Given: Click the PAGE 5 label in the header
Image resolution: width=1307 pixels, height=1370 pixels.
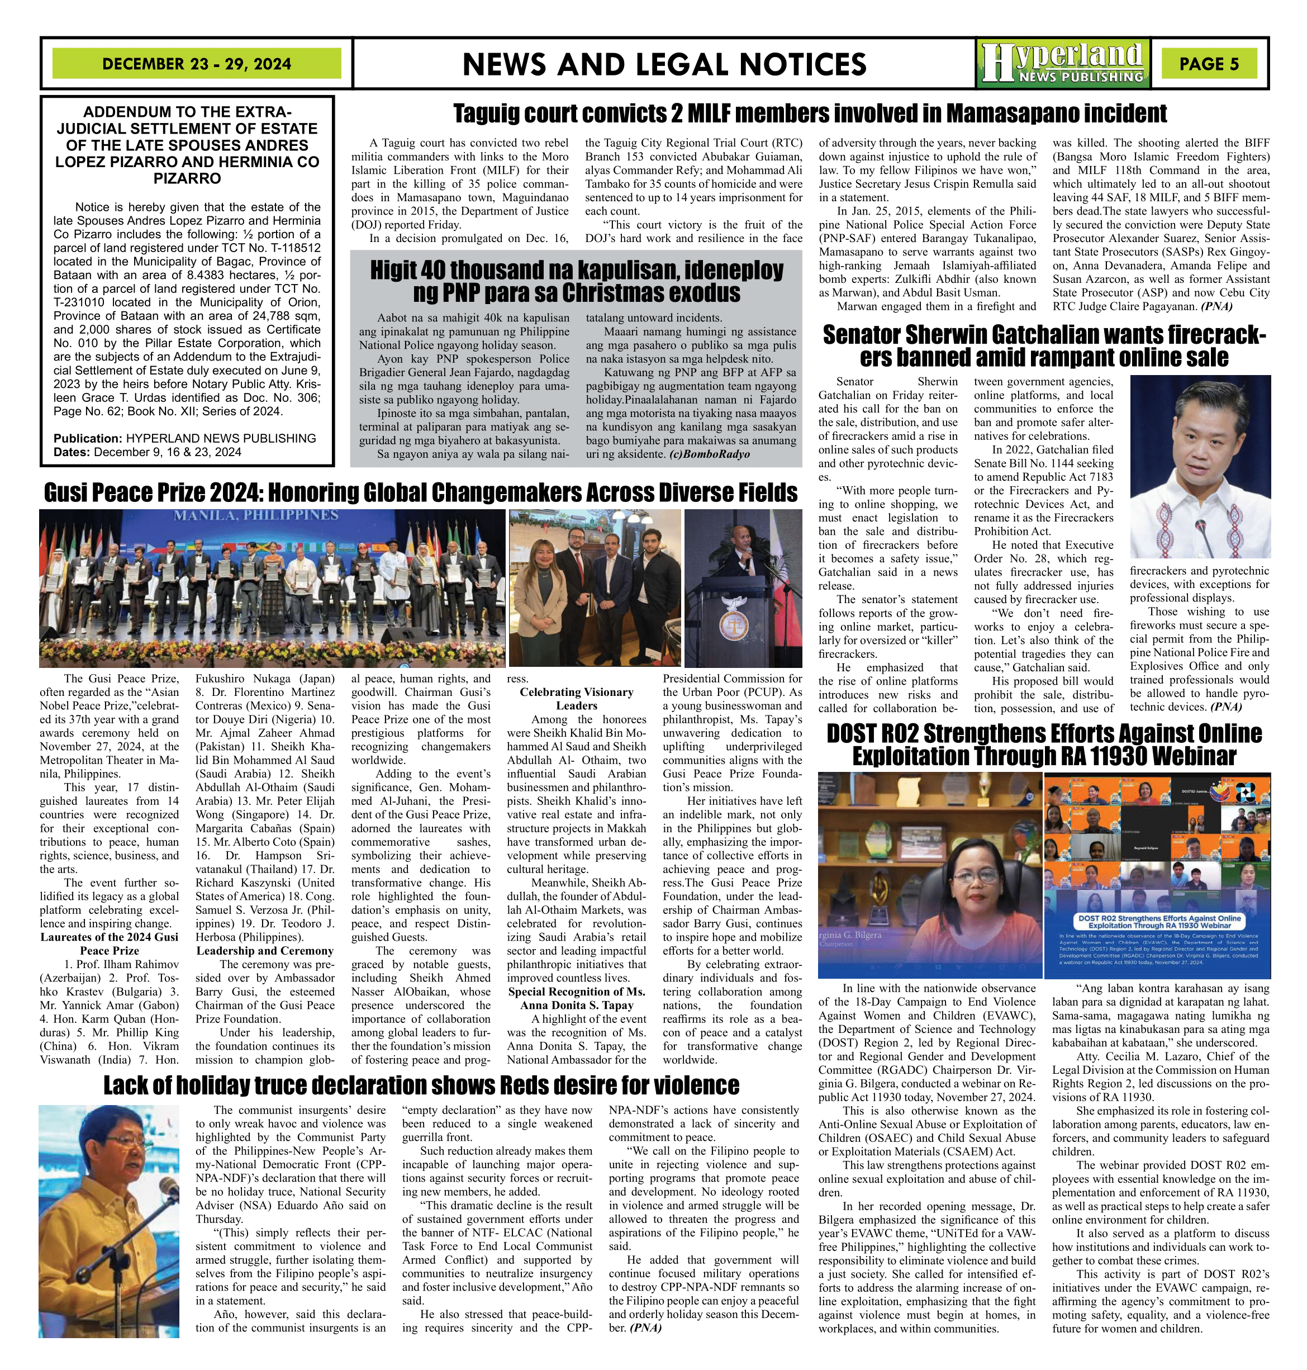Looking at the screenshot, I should pyautogui.click(x=1209, y=63).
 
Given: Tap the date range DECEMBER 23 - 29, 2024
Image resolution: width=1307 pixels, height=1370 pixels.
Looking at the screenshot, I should pyautogui.click(x=197, y=63).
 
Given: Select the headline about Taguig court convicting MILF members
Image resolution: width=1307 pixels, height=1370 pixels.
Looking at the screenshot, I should pyautogui.click(x=810, y=113).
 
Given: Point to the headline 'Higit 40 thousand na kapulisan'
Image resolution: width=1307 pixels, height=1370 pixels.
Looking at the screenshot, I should pyautogui.click(x=576, y=281).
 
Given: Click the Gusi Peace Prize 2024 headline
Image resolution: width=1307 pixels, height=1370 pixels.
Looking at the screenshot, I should pyautogui.click(x=420, y=492).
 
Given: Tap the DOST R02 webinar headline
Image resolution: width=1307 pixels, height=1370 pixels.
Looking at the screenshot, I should pyautogui.click(x=1044, y=744).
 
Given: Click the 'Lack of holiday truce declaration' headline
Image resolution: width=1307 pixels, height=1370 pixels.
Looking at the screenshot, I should pyautogui.click(x=421, y=1085).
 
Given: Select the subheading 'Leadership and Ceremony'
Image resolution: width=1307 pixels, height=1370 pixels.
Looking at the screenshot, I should pyautogui.click(x=264, y=950).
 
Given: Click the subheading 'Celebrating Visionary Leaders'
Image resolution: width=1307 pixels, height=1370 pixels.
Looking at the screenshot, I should pyautogui.click(x=576, y=698).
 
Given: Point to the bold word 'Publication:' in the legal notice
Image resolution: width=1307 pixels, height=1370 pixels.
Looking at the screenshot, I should pyautogui.click(x=88, y=438).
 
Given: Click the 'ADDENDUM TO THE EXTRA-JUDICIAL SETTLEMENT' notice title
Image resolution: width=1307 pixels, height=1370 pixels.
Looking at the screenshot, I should pyautogui.click(x=187, y=145).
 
